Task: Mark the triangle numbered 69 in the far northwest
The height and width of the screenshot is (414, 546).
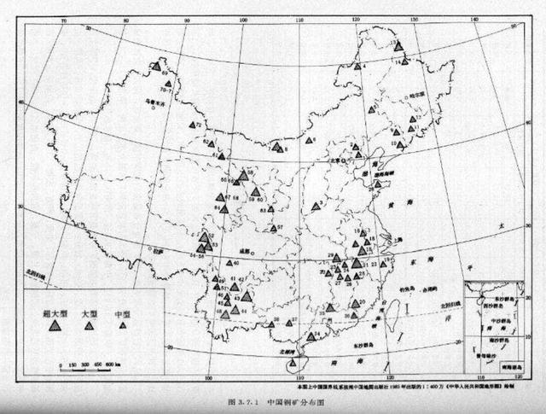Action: pos(155,66)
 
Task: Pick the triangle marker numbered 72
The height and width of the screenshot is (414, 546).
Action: pos(191,125)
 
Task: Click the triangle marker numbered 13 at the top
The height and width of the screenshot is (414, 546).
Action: pos(398,47)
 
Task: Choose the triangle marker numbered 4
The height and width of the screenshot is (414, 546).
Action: pos(354,66)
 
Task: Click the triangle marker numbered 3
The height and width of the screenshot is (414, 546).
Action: pos(314,206)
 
